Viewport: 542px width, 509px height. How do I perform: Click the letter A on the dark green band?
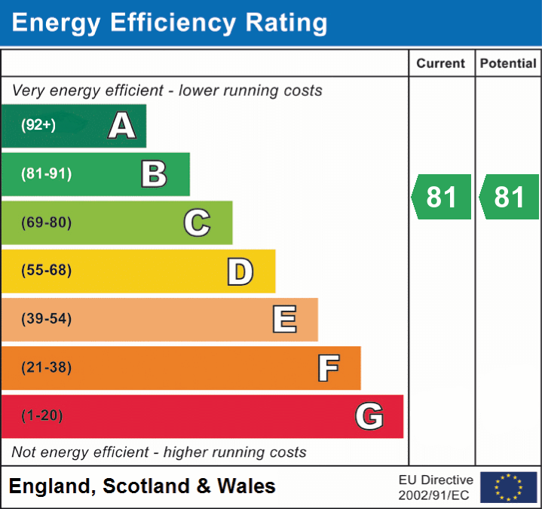(122, 126)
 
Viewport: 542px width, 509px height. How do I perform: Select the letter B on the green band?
(154, 174)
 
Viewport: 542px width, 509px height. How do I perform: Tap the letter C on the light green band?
(197, 222)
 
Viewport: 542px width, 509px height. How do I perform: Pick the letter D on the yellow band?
(240, 271)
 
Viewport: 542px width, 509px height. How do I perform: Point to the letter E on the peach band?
(284, 320)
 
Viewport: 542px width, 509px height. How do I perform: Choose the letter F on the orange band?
(328, 368)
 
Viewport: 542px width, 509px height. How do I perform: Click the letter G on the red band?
(369, 416)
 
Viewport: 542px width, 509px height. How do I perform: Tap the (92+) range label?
(38, 125)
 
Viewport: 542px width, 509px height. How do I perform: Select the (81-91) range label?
(46, 174)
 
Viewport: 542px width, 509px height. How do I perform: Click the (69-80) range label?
(46, 222)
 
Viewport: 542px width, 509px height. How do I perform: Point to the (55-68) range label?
(46, 271)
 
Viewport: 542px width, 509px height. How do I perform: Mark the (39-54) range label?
(46, 319)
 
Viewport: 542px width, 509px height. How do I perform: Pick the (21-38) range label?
(46, 368)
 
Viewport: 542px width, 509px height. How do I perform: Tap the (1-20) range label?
(42, 415)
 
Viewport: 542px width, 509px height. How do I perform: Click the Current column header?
(441, 64)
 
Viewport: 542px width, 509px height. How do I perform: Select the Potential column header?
(508, 64)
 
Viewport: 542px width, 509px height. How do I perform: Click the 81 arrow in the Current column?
(442, 197)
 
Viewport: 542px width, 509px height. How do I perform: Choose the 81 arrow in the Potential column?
(510, 197)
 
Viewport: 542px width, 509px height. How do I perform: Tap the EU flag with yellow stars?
(508, 487)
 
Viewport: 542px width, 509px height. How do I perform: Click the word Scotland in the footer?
(147, 486)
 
